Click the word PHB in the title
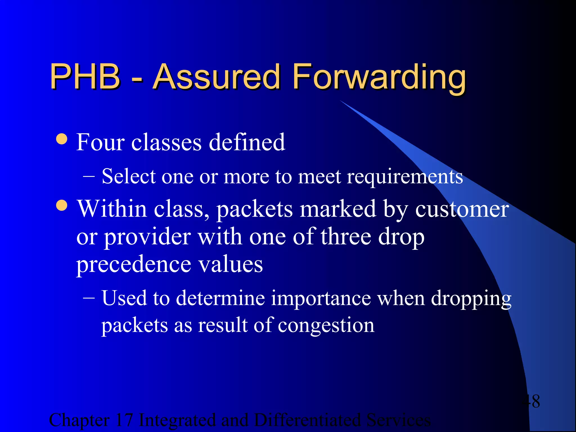point(85,76)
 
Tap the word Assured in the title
point(217,76)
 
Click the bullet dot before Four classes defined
point(62,139)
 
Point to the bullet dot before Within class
point(62,205)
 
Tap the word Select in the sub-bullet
point(129,177)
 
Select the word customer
point(462,210)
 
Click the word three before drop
point(346,237)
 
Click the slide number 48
point(531,401)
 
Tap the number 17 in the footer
point(124,420)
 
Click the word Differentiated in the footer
point(307,420)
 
